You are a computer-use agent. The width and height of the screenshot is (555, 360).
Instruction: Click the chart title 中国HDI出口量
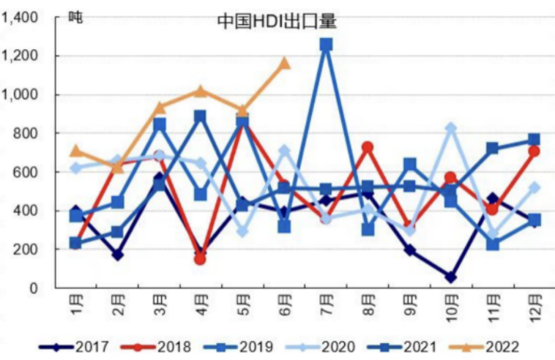pos(277,21)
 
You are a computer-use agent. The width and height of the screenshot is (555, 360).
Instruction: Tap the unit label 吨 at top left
pos(75,16)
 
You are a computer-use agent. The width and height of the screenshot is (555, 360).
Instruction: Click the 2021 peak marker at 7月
pos(326,45)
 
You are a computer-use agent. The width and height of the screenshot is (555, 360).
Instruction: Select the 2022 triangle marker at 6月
pos(284,63)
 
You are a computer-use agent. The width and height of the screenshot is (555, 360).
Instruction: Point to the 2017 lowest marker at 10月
pos(451,277)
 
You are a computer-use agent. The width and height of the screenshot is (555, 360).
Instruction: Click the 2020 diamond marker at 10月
pos(451,128)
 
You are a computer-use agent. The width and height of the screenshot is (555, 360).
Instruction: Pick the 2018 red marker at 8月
pos(368,147)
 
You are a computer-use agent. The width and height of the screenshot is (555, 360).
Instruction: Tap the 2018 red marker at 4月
pos(200,259)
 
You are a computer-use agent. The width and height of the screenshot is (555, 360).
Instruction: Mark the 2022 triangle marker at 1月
pos(75,151)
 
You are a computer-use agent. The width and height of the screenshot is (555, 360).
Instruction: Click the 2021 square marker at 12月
pos(534,140)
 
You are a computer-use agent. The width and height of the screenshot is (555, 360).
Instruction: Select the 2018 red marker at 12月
pos(534,151)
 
